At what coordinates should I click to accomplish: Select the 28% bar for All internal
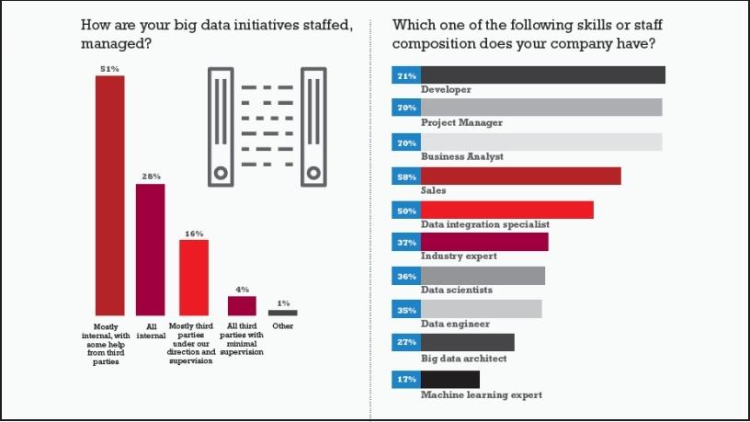(150, 249)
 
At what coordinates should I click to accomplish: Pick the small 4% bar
(242, 305)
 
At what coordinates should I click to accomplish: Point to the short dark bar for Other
(282, 313)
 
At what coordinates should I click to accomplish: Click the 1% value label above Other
(283, 302)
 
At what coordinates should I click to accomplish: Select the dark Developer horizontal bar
(542, 75)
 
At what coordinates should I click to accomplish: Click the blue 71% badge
(405, 75)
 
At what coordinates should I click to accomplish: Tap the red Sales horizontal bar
(520, 176)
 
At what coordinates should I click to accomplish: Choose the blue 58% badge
(405, 176)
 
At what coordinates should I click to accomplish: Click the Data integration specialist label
(484, 223)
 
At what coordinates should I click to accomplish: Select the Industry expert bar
(484, 242)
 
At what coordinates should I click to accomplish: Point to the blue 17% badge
(405, 379)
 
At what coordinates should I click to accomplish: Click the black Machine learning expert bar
(449, 379)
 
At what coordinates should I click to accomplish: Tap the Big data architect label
(463, 358)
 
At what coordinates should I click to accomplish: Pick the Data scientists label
(457, 290)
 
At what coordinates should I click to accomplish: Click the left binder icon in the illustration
(221, 124)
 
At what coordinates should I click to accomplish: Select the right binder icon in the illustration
(313, 124)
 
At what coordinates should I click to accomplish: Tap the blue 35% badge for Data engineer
(405, 309)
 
